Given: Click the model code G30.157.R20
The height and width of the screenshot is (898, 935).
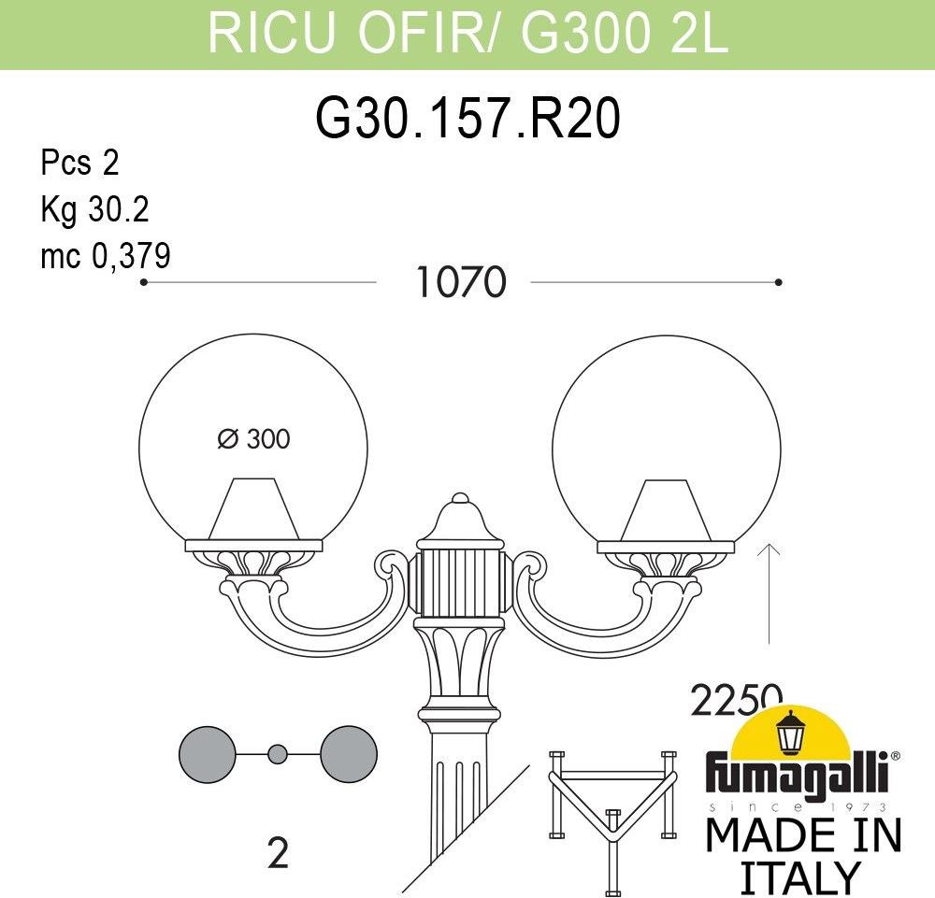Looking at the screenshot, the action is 467,119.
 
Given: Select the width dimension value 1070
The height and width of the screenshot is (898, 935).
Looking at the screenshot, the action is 461,282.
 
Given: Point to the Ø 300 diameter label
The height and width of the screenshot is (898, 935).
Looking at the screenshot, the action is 253,439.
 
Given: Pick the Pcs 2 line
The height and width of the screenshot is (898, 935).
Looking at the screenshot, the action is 79,163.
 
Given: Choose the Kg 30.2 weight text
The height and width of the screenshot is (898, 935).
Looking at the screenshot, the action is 94,209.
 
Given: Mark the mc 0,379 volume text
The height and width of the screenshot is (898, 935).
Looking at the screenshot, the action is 106,256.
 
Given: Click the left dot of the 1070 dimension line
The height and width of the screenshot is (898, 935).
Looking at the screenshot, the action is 144,282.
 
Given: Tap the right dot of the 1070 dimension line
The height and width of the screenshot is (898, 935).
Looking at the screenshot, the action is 778,282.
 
